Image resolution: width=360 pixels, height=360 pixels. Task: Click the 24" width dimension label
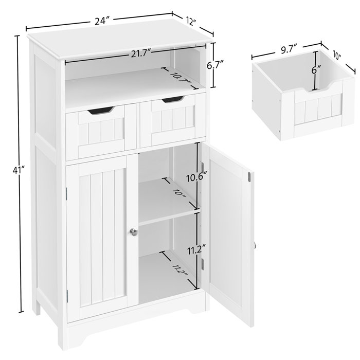click(102, 21)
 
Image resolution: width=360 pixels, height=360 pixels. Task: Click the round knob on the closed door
click(134, 232)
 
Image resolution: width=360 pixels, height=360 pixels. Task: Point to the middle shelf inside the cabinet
click(167, 217)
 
